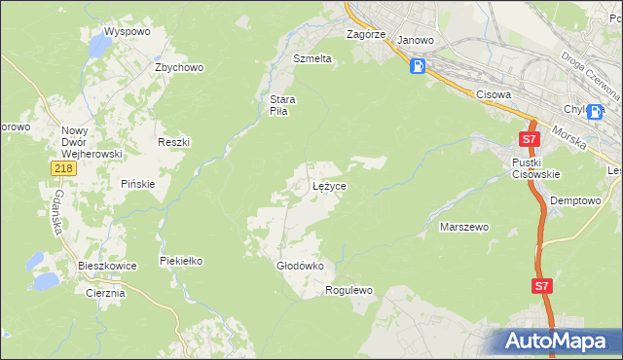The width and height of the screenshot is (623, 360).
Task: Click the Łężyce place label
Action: [x=329, y=185]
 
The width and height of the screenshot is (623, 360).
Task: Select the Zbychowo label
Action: [x=179, y=67]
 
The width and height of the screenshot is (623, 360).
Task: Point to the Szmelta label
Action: [x=312, y=58]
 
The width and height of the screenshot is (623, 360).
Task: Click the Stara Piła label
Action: [x=282, y=105]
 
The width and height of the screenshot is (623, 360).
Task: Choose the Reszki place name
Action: [x=173, y=142]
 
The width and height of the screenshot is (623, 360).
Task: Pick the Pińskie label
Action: [x=137, y=184]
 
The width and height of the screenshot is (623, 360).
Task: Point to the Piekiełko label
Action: [x=181, y=261]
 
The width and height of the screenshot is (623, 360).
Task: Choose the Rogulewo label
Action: [x=349, y=290]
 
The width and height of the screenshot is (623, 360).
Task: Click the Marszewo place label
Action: [x=464, y=227]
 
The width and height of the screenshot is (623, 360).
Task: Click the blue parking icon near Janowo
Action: [x=418, y=66]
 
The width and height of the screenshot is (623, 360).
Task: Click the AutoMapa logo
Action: [x=555, y=342]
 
